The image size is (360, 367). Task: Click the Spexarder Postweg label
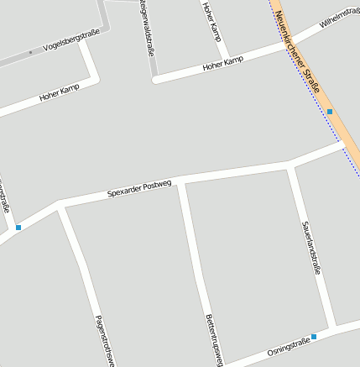(x=139, y=188)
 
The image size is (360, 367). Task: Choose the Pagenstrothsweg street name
(x=104, y=340)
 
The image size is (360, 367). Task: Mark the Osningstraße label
(x=289, y=345)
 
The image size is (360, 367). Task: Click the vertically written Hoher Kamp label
(x=211, y=18)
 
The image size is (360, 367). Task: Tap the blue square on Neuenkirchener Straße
(x=330, y=111)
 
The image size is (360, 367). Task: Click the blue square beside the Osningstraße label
(x=314, y=336)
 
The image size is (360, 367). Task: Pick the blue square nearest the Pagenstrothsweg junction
(x=18, y=227)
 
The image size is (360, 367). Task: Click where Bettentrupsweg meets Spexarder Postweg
(x=180, y=180)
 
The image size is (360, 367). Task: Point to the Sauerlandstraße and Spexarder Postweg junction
(x=290, y=165)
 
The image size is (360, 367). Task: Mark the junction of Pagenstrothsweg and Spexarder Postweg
(x=59, y=204)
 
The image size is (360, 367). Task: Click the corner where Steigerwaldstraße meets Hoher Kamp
(x=154, y=80)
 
